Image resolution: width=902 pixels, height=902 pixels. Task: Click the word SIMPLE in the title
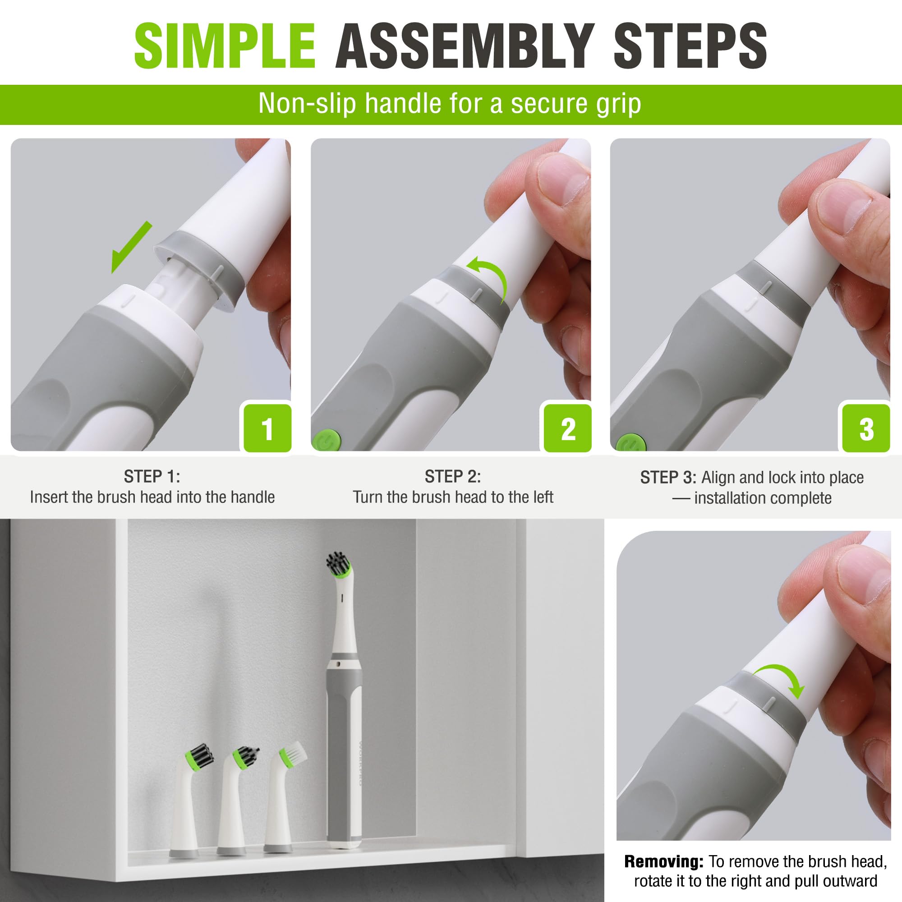(x=225, y=46)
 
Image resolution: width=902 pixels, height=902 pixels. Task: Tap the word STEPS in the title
(x=690, y=46)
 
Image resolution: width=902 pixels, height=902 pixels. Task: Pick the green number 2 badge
(x=567, y=428)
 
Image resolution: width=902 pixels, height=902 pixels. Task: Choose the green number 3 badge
(x=866, y=428)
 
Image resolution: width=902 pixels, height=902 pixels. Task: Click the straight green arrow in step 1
(x=131, y=248)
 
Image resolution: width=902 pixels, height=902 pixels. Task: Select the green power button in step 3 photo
(x=630, y=442)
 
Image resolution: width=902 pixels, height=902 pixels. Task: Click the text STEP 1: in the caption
(x=152, y=477)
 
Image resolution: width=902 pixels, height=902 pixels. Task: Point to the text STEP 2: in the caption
(x=452, y=477)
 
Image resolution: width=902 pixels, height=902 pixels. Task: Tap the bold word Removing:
(x=663, y=861)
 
